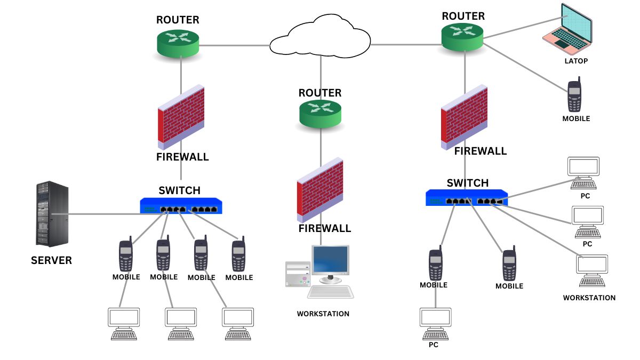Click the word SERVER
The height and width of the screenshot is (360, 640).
pyautogui.click(x=51, y=260)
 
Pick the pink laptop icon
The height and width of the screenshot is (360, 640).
pyautogui.click(x=568, y=29)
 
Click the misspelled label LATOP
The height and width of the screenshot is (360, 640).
pyautogui.click(x=576, y=61)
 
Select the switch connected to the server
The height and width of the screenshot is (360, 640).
pyautogui.click(x=181, y=206)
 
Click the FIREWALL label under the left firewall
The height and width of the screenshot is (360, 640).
pyautogui.click(x=182, y=157)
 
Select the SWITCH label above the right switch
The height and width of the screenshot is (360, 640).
pyautogui.click(x=467, y=183)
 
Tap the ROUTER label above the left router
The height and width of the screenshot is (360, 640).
pyautogui.click(x=178, y=20)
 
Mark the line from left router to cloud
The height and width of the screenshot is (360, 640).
pyautogui.click(x=235, y=45)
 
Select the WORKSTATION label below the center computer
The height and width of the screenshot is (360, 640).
pyautogui.click(x=323, y=314)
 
